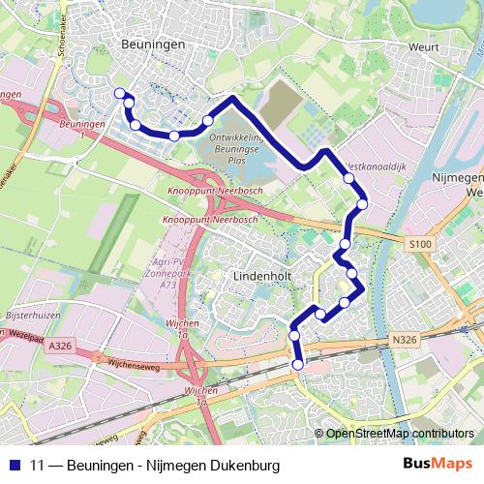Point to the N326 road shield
(407, 340)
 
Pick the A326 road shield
(59, 345)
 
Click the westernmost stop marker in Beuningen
(120, 93)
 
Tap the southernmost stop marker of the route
(297, 364)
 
